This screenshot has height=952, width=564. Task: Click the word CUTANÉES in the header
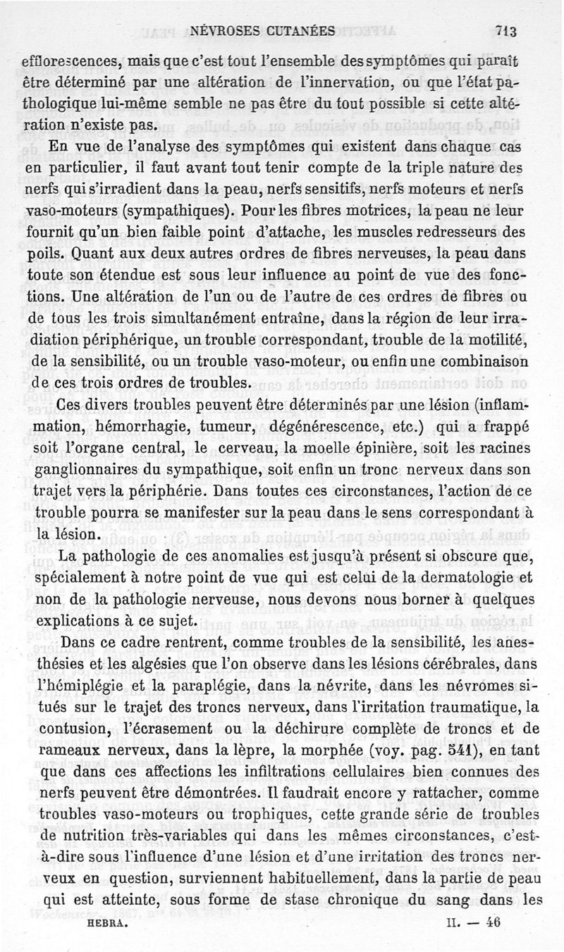tap(293, 30)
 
